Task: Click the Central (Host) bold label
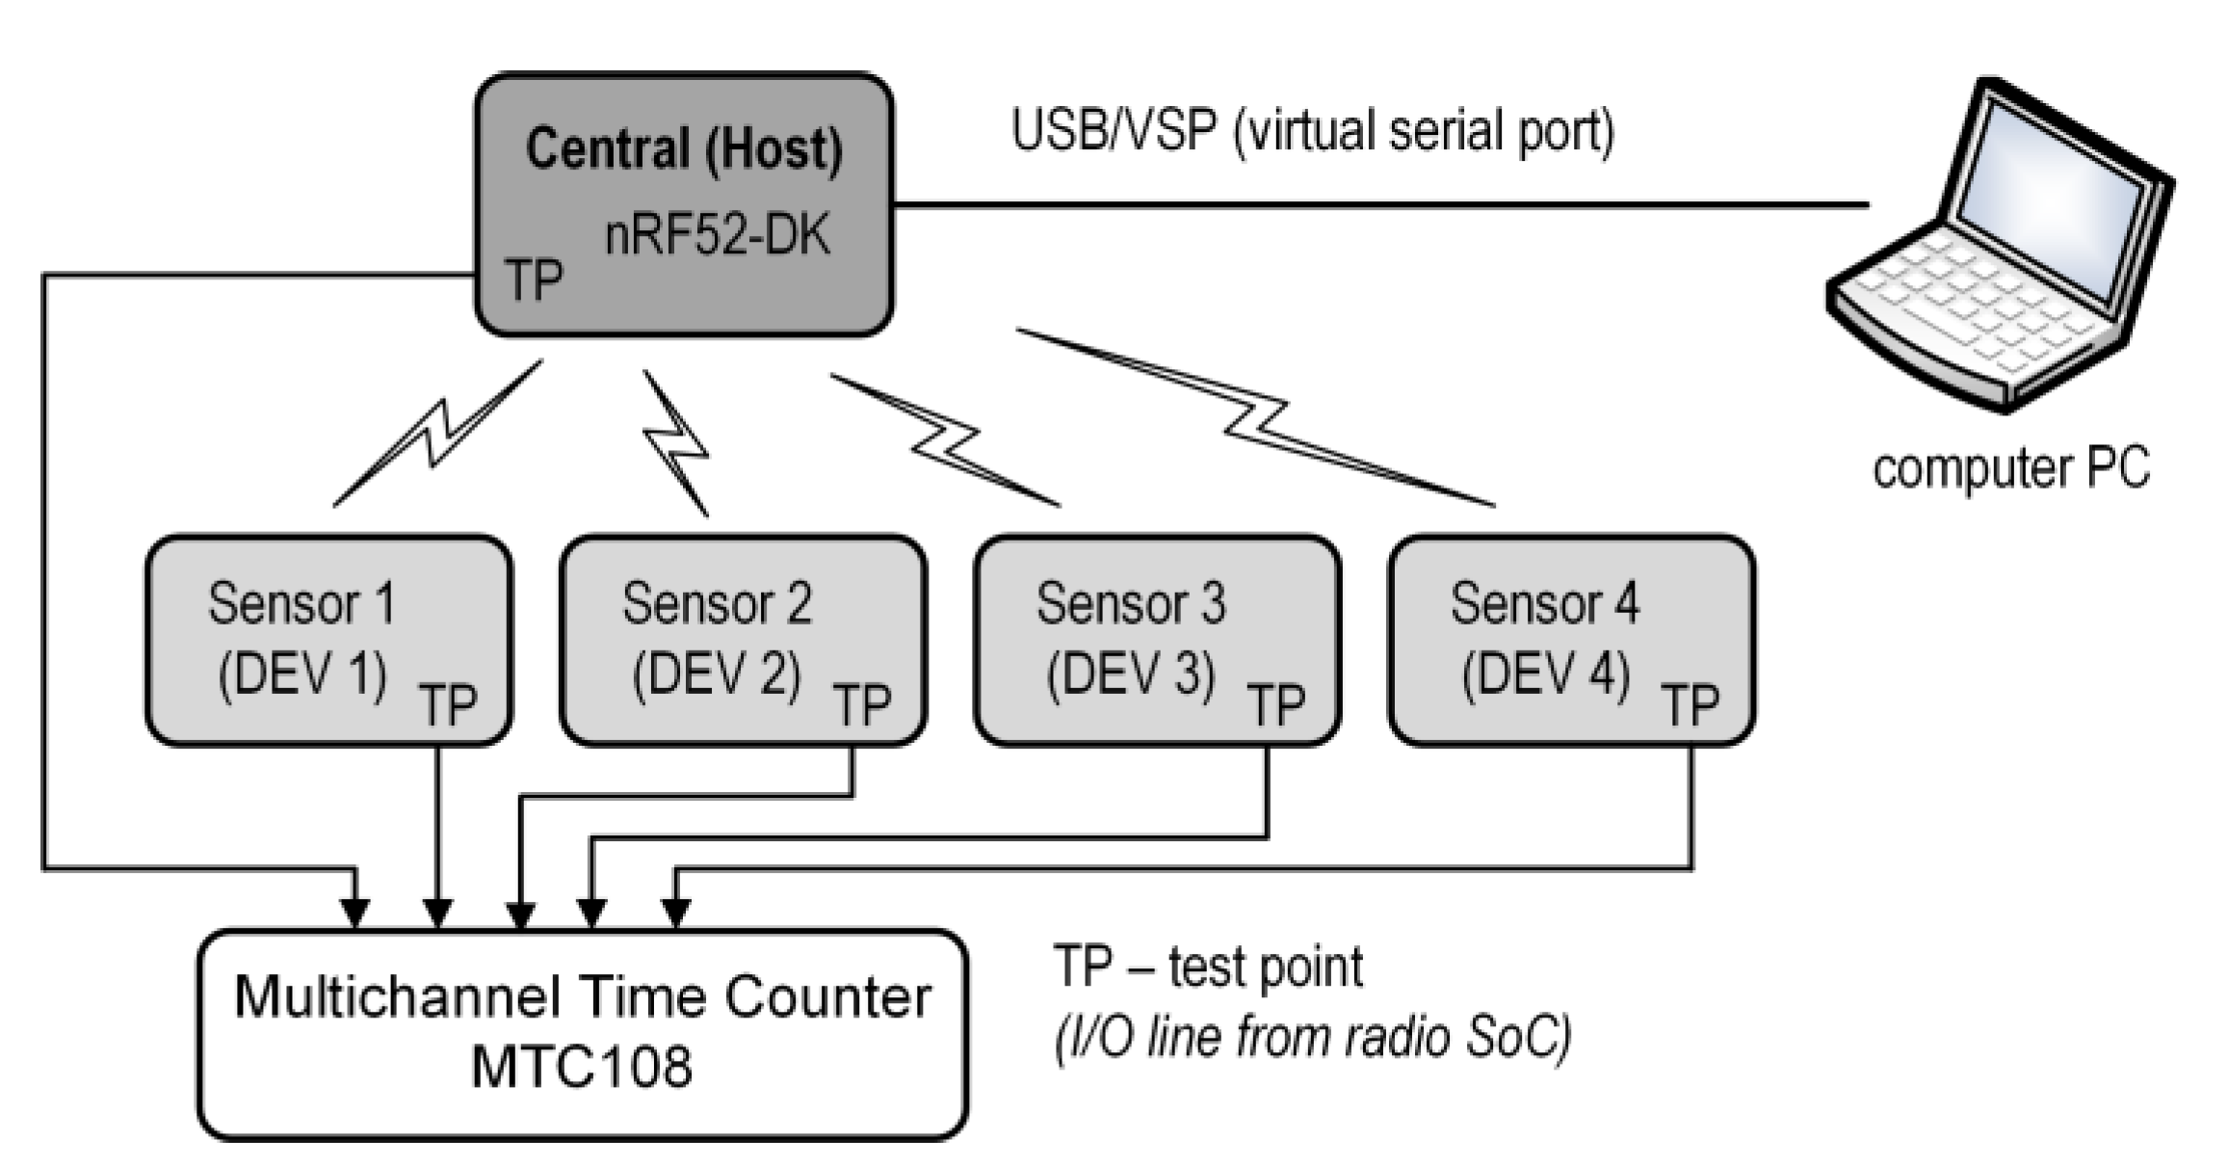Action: click(x=683, y=149)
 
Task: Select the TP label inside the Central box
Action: click(x=534, y=280)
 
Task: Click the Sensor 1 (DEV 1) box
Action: click(x=328, y=640)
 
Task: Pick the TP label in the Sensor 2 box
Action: click(x=862, y=704)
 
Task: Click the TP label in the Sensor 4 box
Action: click(x=1690, y=704)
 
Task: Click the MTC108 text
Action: click(x=582, y=1067)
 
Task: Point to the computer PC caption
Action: click(x=2010, y=469)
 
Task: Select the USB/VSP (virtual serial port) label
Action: click(x=1312, y=130)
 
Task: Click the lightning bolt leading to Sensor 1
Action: click(x=437, y=434)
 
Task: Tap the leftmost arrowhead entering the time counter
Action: click(x=355, y=912)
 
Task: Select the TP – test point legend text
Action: click(x=1208, y=966)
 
